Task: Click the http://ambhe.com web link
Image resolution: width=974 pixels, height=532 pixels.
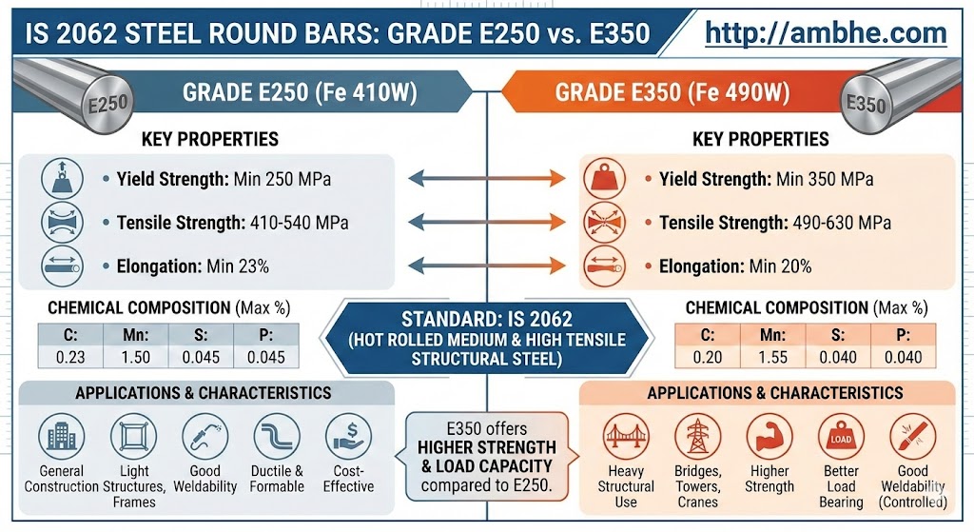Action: (826, 33)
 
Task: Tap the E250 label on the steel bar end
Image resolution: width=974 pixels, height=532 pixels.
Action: (108, 104)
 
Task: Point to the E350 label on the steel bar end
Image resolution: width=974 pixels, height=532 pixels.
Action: (866, 104)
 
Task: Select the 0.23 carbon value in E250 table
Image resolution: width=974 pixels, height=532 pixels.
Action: (70, 357)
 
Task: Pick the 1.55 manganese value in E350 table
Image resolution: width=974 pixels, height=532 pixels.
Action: (772, 357)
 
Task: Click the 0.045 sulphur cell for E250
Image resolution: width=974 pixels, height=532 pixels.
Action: (201, 357)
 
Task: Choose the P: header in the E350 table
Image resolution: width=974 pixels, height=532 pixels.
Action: (904, 336)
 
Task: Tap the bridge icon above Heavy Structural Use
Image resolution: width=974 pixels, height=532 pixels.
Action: (626, 436)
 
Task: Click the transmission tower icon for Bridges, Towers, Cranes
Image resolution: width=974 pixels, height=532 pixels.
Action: (697, 436)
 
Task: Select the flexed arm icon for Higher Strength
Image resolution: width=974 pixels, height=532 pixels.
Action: (769, 436)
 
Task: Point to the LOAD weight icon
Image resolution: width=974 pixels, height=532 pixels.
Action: (841, 436)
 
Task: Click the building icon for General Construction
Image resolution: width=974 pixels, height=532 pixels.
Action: (62, 436)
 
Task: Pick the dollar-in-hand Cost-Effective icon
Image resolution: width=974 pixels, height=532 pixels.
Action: (348, 436)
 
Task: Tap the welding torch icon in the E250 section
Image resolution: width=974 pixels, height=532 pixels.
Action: (205, 436)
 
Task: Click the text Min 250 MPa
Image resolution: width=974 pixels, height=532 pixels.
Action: (282, 180)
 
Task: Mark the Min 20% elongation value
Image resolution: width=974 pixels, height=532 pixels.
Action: (780, 266)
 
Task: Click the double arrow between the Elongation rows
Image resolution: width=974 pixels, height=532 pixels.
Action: (487, 266)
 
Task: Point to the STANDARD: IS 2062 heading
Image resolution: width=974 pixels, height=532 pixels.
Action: (486, 320)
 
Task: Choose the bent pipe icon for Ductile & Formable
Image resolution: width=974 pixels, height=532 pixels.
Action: (277, 436)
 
